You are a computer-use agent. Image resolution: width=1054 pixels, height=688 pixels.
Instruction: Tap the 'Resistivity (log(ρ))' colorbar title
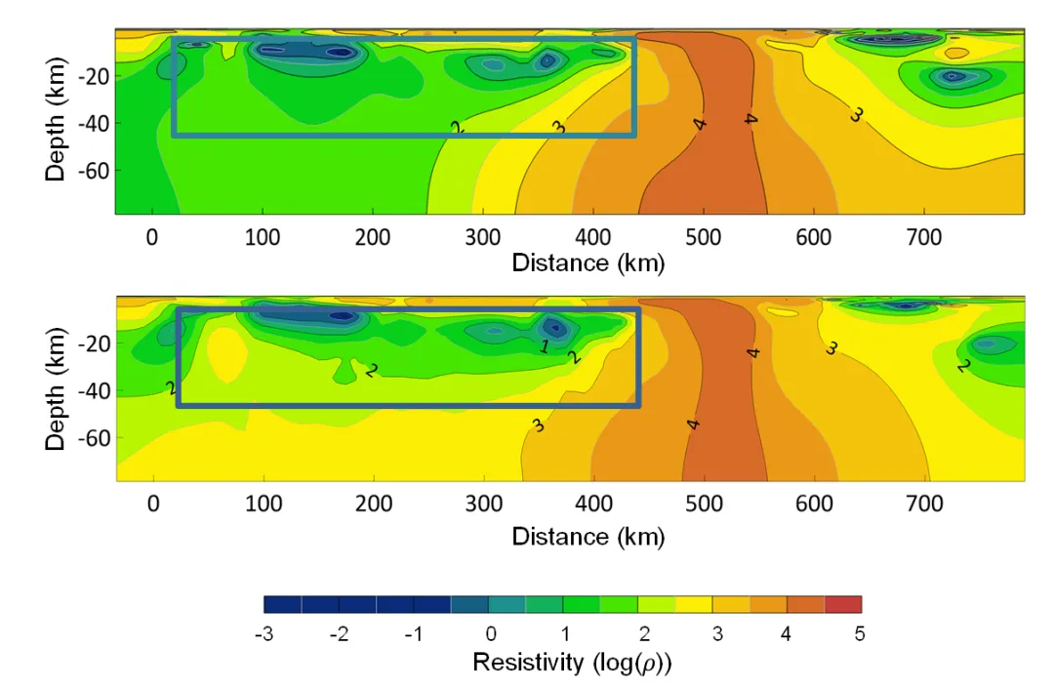(573, 664)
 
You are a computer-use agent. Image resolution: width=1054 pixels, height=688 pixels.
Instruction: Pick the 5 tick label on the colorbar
(860, 634)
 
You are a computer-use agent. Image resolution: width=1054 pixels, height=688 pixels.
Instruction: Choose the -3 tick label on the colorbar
(263, 634)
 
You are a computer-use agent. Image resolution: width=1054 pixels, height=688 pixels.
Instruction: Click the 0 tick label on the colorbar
(491, 634)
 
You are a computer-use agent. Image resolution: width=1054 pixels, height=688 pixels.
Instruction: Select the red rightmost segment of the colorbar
(843, 605)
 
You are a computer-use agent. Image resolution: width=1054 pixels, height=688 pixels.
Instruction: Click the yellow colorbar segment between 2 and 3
(693, 605)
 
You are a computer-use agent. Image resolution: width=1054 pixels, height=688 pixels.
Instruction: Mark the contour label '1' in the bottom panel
(545, 345)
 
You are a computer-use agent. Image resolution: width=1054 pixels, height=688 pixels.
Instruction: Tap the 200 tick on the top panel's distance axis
(374, 236)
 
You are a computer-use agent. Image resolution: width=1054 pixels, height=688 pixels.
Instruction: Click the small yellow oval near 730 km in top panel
(956, 53)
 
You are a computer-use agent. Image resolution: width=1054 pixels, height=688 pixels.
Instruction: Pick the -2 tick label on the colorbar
(338, 634)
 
